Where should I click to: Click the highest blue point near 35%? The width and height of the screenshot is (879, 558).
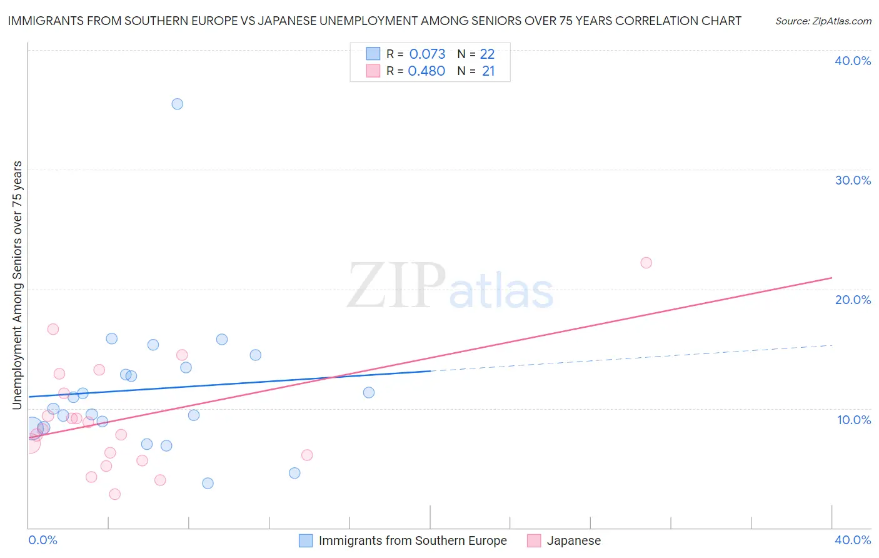[x=178, y=104]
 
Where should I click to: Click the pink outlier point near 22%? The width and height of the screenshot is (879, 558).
[x=646, y=263]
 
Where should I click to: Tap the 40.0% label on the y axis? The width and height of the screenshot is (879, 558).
[x=853, y=61]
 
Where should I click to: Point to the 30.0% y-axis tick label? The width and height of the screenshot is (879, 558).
[x=853, y=180]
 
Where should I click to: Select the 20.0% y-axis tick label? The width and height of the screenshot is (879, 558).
[x=853, y=300]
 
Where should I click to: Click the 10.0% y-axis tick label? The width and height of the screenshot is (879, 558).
[x=854, y=420]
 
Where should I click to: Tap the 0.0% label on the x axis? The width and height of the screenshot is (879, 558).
[x=43, y=540]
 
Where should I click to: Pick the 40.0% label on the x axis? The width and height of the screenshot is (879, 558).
[x=853, y=540]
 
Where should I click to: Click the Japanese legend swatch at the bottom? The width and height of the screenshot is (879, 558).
[x=534, y=540]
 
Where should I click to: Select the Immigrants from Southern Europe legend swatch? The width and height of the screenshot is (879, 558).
[x=306, y=540]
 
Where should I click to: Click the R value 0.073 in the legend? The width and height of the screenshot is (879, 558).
[x=427, y=54]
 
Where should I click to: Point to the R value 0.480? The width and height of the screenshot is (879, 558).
[x=426, y=71]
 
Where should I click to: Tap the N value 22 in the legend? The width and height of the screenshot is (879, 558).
[x=487, y=54]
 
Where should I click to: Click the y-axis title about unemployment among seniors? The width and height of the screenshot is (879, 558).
[x=17, y=285]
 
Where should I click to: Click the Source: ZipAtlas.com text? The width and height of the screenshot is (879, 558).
[x=823, y=21]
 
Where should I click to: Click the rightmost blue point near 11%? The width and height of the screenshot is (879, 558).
[x=369, y=393]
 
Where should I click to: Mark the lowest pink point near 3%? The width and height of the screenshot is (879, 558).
[x=114, y=494]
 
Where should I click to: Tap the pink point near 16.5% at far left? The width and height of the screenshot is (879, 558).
[x=53, y=329]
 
